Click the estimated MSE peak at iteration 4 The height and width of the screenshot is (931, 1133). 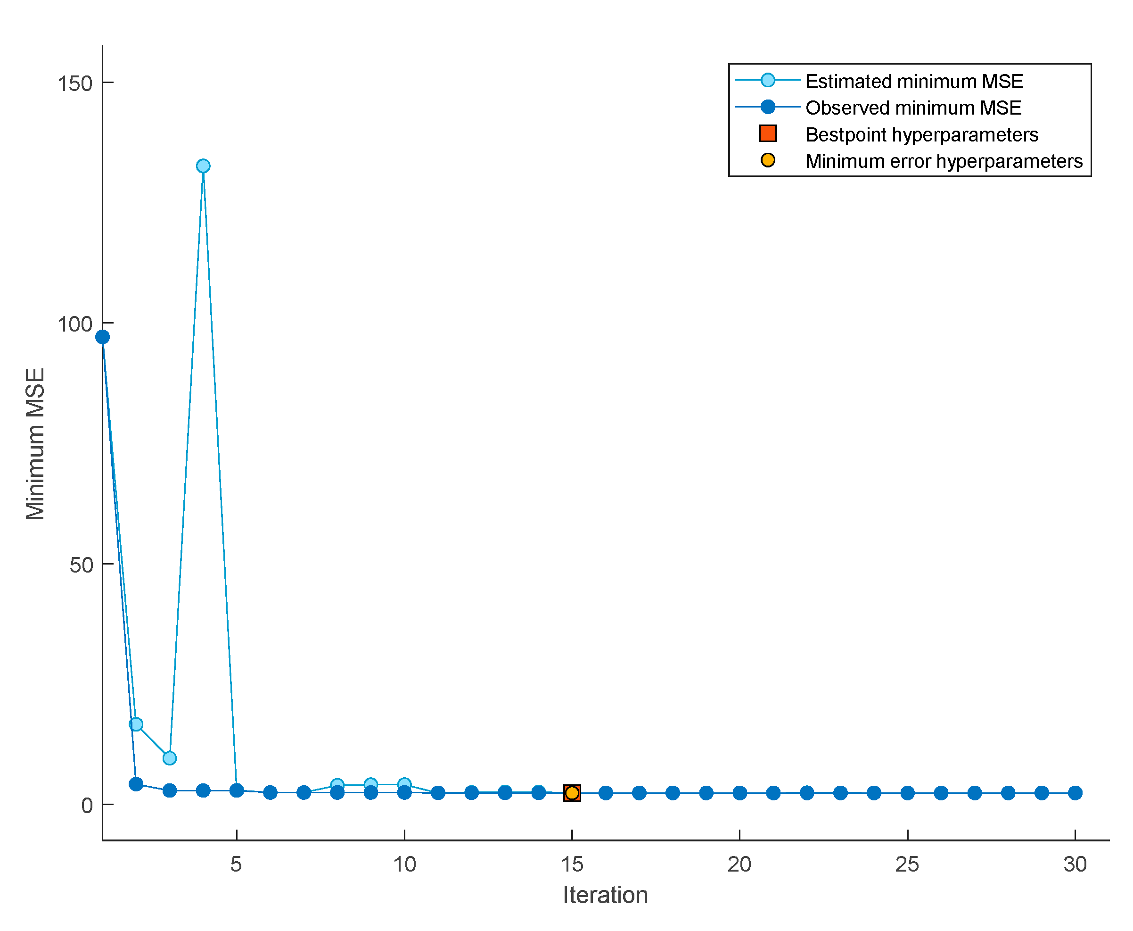(x=203, y=166)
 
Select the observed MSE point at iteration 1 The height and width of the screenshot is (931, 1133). (x=102, y=337)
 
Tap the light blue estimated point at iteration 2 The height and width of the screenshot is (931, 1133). (x=136, y=724)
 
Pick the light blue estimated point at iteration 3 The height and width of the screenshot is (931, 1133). (x=169, y=758)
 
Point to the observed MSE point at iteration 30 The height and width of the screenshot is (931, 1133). (x=1075, y=793)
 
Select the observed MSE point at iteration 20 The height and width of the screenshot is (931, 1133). (x=739, y=793)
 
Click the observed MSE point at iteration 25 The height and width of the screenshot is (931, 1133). (x=907, y=793)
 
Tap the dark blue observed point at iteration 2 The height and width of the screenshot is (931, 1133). (x=136, y=784)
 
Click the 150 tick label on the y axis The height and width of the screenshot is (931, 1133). (x=75, y=83)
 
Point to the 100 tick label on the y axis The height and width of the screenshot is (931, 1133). (x=75, y=324)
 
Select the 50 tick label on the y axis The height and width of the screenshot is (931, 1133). (x=82, y=565)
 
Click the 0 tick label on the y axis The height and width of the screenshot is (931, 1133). (x=87, y=806)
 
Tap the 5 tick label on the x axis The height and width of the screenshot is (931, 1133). (x=236, y=864)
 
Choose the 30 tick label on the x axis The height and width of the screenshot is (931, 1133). (x=1075, y=864)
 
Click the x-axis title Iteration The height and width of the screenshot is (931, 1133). (x=605, y=895)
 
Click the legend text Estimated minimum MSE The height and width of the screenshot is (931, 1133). (x=914, y=82)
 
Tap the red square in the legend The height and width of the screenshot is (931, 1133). (x=767, y=133)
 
